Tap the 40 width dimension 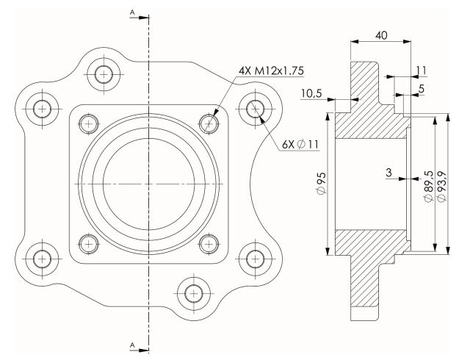point(381,35)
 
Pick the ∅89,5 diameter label point(428,187)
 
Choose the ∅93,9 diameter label point(441,187)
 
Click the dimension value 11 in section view point(421,70)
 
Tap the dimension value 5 point(420,89)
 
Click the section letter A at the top point(131,12)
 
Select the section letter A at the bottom point(131,344)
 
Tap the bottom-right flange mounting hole point(256,257)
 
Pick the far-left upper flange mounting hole point(43,108)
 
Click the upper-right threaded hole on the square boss point(210,122)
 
